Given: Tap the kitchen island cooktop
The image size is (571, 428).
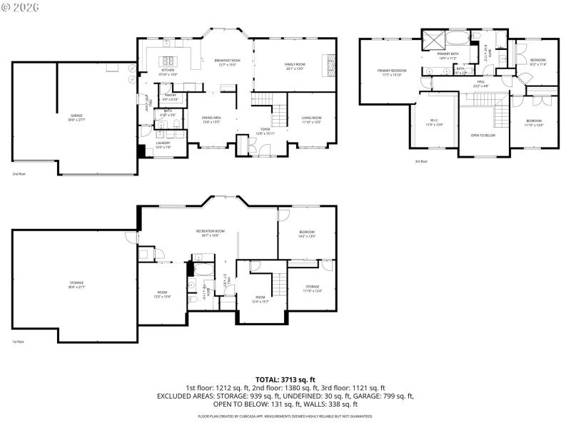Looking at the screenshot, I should coord(169,60).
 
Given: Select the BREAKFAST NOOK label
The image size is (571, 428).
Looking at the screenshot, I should coord(227,61).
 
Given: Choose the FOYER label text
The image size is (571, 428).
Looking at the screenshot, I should coord(265,129).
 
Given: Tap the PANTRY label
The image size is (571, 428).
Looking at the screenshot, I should coord(170,95).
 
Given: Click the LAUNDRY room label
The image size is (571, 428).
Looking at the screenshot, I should coord(163,144).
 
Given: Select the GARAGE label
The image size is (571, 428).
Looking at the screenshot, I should coord(76,116).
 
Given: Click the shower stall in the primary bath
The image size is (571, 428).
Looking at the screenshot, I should coord(433,40).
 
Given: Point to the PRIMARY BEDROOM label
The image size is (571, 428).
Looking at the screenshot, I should coord(392,71).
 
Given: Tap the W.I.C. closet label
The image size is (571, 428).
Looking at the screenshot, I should coord(433,121).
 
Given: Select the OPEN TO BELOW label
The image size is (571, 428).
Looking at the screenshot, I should coord(483,135).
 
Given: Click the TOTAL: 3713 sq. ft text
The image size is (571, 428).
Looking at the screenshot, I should coord(285,380).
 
